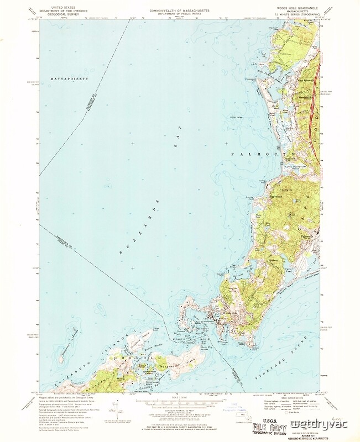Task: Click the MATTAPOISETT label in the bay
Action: point(70,79)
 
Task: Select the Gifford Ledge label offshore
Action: point(244,117)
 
